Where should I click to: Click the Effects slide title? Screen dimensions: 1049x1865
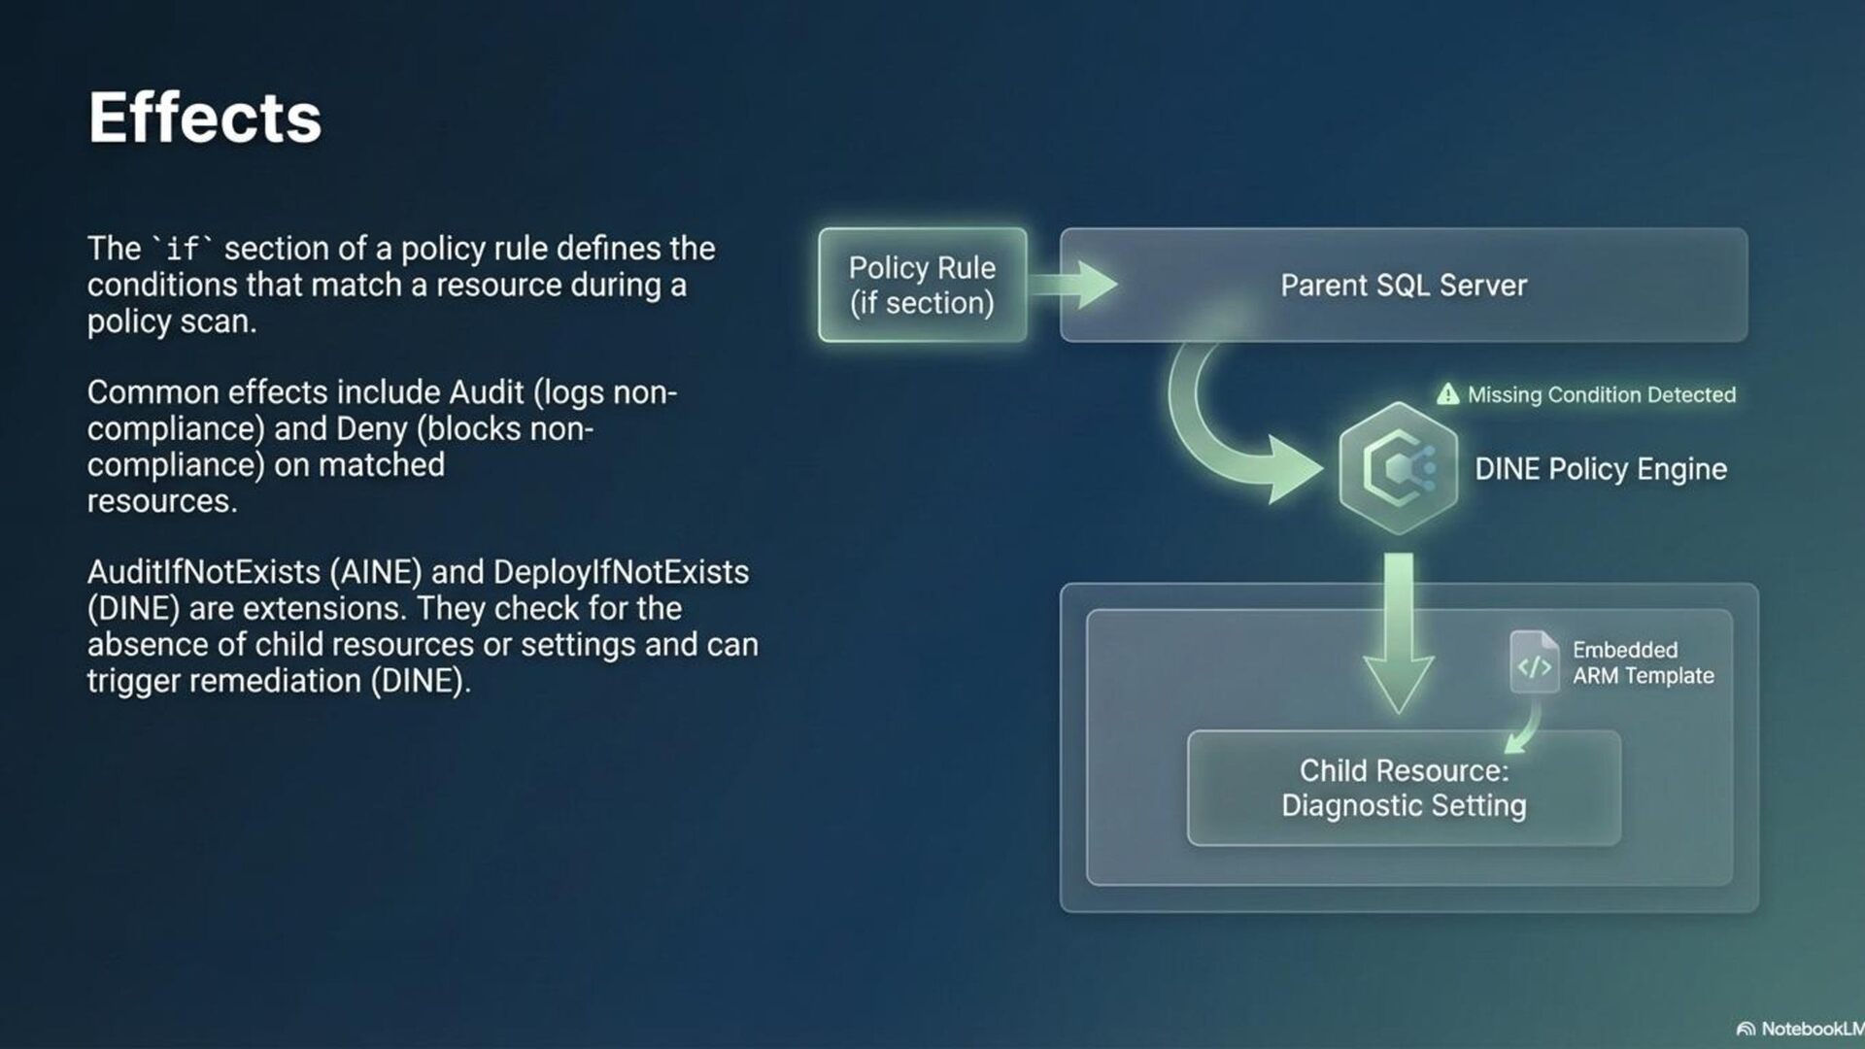pos(204,118)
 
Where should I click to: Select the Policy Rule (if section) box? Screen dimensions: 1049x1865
pos(922,285)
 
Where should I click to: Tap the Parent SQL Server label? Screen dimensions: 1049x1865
pos(1403,286)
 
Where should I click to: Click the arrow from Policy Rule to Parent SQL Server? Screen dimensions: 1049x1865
pos(1073,285)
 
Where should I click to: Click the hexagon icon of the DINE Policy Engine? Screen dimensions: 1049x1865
pos(1398,468)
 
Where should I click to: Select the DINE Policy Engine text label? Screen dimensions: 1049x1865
pos(1600,469)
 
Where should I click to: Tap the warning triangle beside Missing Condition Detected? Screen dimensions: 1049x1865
pos(1447,394)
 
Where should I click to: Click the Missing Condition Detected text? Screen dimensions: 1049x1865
pos(1601,395)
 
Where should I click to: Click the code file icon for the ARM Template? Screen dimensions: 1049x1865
pos(1534,662)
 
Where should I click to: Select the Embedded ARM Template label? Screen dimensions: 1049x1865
pos(1643,662)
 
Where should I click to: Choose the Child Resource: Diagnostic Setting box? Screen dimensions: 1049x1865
pos(1404,788)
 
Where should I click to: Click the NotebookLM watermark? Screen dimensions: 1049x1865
pos(1802,1029)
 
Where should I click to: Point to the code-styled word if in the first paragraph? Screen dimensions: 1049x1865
pos(183,250)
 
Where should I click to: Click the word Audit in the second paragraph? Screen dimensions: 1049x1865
pos(486,392)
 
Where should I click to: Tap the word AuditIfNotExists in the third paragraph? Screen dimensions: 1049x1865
pos(204,572)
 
